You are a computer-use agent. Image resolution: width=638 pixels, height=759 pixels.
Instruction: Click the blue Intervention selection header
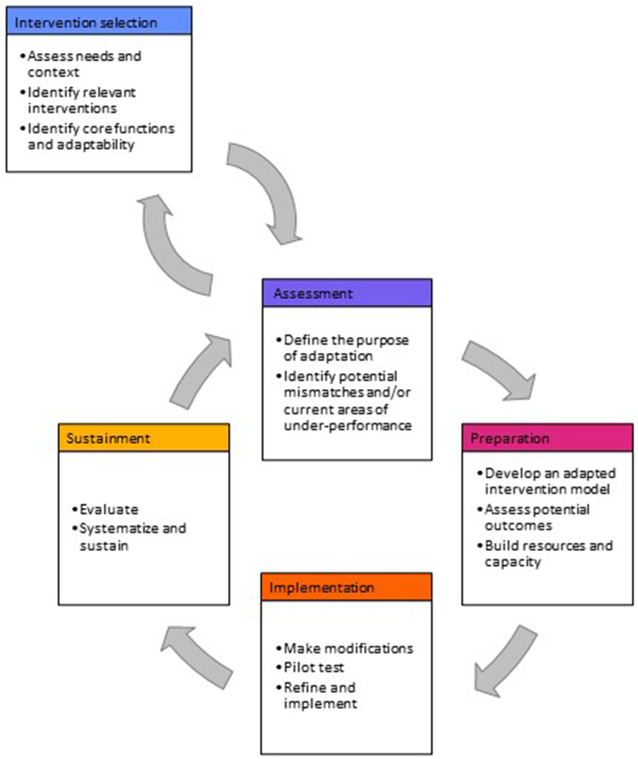click(x=99, y=22)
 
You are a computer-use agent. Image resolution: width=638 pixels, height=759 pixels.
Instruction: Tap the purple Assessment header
click(x=347, y=293)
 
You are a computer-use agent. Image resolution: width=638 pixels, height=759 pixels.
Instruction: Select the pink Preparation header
click(x=547, y=438)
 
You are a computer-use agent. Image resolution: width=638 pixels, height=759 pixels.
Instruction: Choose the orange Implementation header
click(x=346, y=587)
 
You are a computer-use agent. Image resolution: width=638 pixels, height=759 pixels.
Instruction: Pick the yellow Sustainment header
click(x=144, y=438)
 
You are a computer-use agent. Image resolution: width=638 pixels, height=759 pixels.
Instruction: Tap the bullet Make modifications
click(x=348, y=648)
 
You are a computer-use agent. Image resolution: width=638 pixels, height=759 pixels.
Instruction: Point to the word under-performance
click(x=348, y=425)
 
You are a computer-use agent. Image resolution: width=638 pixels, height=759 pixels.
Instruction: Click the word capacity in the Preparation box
click(x=513, y=562)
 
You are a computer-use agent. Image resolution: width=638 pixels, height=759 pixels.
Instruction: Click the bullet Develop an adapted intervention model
click(x=549, y=481)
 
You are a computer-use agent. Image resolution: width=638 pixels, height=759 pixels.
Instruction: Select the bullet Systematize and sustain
click(x=132, y=536)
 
